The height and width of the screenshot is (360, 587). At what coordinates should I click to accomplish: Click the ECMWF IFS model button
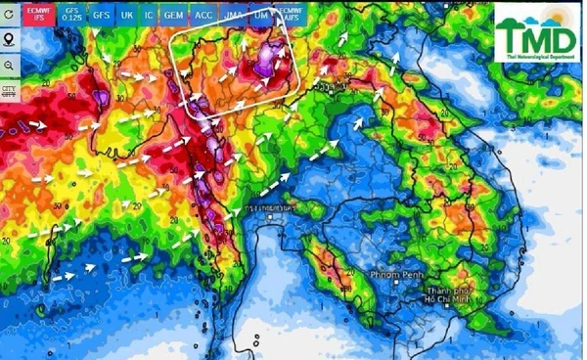[x=37, y=16]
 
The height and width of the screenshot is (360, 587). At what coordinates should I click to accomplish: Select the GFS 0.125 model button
[x=71, y=16]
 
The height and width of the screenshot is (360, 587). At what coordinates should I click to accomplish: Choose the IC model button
[x=149, y=16]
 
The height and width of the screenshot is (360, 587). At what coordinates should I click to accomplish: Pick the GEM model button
[x=174, y=16]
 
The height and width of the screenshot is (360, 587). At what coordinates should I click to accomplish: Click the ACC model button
[x=203, y=16]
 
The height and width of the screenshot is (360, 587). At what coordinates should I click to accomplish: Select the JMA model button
[x=234, y=16]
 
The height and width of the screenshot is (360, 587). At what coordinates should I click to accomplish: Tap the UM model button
[x=260, y=16]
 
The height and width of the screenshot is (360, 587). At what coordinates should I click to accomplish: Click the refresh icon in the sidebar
[x=9, y=15]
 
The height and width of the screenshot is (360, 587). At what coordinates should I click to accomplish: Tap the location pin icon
[x=9, y=40]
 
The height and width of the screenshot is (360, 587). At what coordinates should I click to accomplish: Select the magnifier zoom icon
[x=9, y=65]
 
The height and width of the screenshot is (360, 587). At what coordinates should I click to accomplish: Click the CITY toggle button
[x=9, y=91]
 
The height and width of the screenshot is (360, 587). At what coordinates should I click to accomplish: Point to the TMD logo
[x=536, y=37]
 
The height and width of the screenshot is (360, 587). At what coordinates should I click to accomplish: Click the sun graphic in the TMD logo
[x=555, y=19]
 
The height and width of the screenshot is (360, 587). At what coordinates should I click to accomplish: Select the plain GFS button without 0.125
[x=101, y=16]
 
